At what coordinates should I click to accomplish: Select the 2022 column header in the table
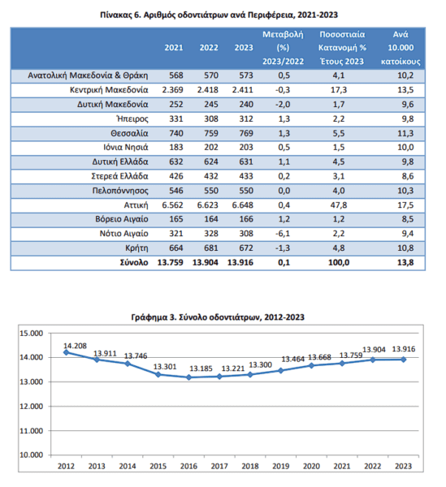(209, 48)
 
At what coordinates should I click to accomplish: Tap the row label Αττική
(136, 205)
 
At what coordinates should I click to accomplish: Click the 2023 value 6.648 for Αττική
(242, 205)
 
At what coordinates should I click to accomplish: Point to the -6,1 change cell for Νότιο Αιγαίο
(283, 234)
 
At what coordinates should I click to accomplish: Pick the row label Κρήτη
(136, 248)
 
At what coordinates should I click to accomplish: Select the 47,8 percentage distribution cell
(339, 205)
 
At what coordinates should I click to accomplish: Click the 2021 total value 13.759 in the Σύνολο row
(171, 263)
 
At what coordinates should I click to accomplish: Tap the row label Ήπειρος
(132, 119)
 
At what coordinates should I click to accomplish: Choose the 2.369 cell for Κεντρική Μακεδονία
(172, 90)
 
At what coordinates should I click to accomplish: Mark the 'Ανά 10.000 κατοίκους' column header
(401, 48)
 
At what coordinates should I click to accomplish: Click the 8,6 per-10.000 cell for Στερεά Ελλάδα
(408, 176)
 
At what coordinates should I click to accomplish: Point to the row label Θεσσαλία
(129, 134)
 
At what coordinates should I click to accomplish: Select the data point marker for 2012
(66, 352)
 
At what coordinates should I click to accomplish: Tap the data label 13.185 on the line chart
(201, 368)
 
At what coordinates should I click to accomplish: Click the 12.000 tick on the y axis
(32, 407)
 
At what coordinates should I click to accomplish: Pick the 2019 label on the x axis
(280, 466)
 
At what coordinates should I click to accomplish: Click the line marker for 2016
(189, 377)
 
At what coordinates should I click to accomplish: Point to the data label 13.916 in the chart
(404, 349)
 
